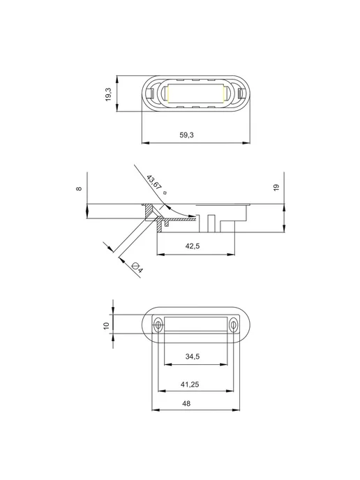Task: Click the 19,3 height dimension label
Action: [108, 94]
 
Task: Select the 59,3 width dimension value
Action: [186, 135]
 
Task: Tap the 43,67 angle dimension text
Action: [154, 183]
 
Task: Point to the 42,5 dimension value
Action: [193, 246]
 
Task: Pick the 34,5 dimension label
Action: [193, 357]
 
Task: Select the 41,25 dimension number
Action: [190, 384]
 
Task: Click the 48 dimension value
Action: [186, 403]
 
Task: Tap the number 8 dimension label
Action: [79, 188]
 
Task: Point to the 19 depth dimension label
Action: [276, 188]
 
